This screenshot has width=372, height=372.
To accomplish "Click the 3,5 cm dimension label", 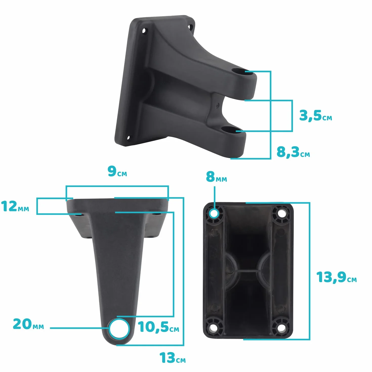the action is [x=315, y=116].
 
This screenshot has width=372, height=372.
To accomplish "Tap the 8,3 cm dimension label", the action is [x=293, y=152].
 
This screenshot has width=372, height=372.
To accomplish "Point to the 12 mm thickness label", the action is [x=15, y=206].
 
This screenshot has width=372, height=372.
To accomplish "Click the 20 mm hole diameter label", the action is [x=28, y=324].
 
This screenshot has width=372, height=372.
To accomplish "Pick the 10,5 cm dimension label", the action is [x=158, y=327].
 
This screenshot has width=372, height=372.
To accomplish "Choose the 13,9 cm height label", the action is [x=337, y=277].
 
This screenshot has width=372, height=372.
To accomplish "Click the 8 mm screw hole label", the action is [x=216, y=177].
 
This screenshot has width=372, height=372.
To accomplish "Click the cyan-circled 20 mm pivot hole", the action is [x=119, y=328].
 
